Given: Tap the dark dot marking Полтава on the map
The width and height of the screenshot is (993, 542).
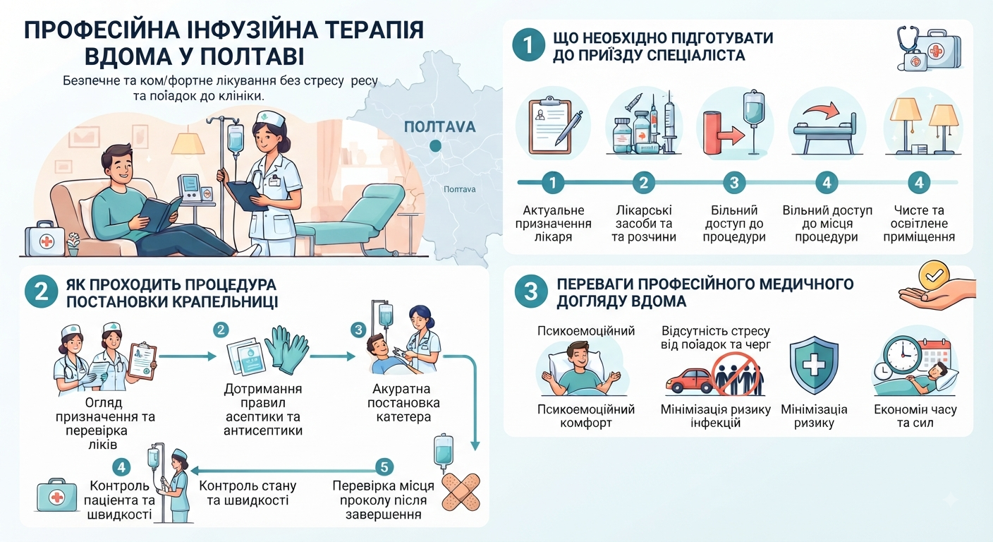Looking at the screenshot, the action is click(x=435, y=145).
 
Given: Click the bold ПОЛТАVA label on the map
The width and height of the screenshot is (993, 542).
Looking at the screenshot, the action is click(x=440, y=127).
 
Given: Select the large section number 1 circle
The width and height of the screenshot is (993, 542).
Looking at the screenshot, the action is click(x=528, y=44).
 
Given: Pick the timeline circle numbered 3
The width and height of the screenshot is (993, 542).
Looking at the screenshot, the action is click(x=734, y=182).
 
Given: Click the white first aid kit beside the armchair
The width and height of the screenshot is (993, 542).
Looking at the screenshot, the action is click(x=45, y=239).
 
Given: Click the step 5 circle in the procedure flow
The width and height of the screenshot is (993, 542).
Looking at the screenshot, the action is click(x=384, y=466).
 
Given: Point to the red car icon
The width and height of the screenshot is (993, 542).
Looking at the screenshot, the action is click(x=690, y=380).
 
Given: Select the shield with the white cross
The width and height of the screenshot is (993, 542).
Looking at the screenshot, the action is click(x=814, y=365).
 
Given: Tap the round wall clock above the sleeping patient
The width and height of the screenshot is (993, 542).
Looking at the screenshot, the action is click(x=903, y=355).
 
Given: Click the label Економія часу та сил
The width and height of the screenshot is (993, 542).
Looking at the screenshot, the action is click(x=915, y=416).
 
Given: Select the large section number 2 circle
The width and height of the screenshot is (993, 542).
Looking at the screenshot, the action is click(x=41, y=292).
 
